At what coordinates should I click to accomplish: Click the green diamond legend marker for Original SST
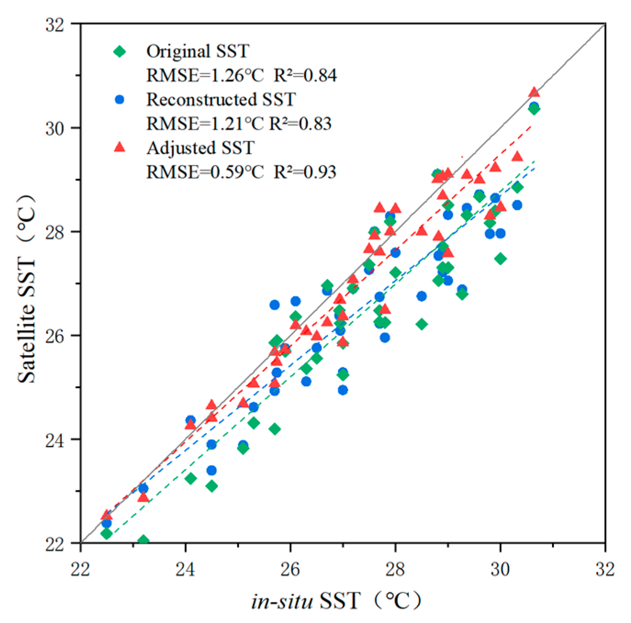pos(120,51)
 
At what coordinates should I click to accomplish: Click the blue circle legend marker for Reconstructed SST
pos(120,100)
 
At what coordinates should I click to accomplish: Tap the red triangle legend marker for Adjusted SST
pos(120,147)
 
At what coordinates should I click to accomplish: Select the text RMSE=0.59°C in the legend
pos(205,172)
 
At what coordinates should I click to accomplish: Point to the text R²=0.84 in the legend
pos(305,75)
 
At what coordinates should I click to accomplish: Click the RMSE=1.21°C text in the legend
pos(205,123)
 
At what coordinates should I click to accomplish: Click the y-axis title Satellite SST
pos(26,289)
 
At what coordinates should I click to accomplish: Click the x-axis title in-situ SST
pos(335,601)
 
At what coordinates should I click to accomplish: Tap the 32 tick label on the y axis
pos(55,25)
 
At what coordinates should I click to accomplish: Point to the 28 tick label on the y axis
pos(55,232)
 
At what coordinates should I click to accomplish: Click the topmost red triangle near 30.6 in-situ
pos(534,92)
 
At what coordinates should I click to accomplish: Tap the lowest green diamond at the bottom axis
pos(143,540)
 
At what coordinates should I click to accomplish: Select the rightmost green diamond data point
pos(534,109)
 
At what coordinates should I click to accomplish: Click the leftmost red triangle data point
pos(106,515)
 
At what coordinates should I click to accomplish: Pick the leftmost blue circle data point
pos(106,523)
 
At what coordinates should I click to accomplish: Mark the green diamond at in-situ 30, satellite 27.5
pos(501,259)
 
